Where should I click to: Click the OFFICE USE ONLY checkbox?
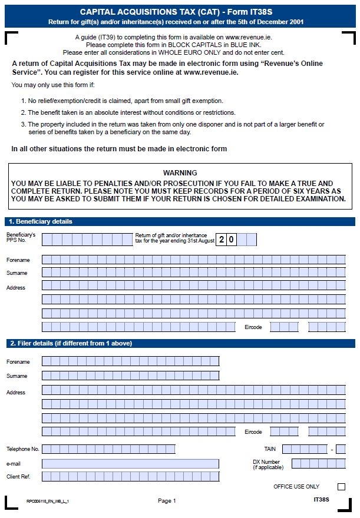click(341, 487)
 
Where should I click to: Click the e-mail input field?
click(130, 464)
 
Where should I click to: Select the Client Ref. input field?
click(130, 476)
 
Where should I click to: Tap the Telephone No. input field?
click(108, 449)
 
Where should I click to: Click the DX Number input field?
click(318, 463)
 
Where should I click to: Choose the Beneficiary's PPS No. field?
click(87, 239)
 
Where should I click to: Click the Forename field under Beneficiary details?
click(193, 260)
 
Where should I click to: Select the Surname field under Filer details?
click(130, 376)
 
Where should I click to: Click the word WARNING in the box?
click(180, 173)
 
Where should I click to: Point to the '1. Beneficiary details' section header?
click(41, 222)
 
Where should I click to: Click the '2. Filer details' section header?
click(70, 343)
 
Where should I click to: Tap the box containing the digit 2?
click(222, 239)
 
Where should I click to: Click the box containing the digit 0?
click(232, 239)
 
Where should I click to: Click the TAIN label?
click(270, 449)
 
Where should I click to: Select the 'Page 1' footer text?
click(167, 501)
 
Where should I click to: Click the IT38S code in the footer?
click(321, 500)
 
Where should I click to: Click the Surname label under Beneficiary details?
click(16, 273)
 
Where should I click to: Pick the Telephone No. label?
click(22, 449)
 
